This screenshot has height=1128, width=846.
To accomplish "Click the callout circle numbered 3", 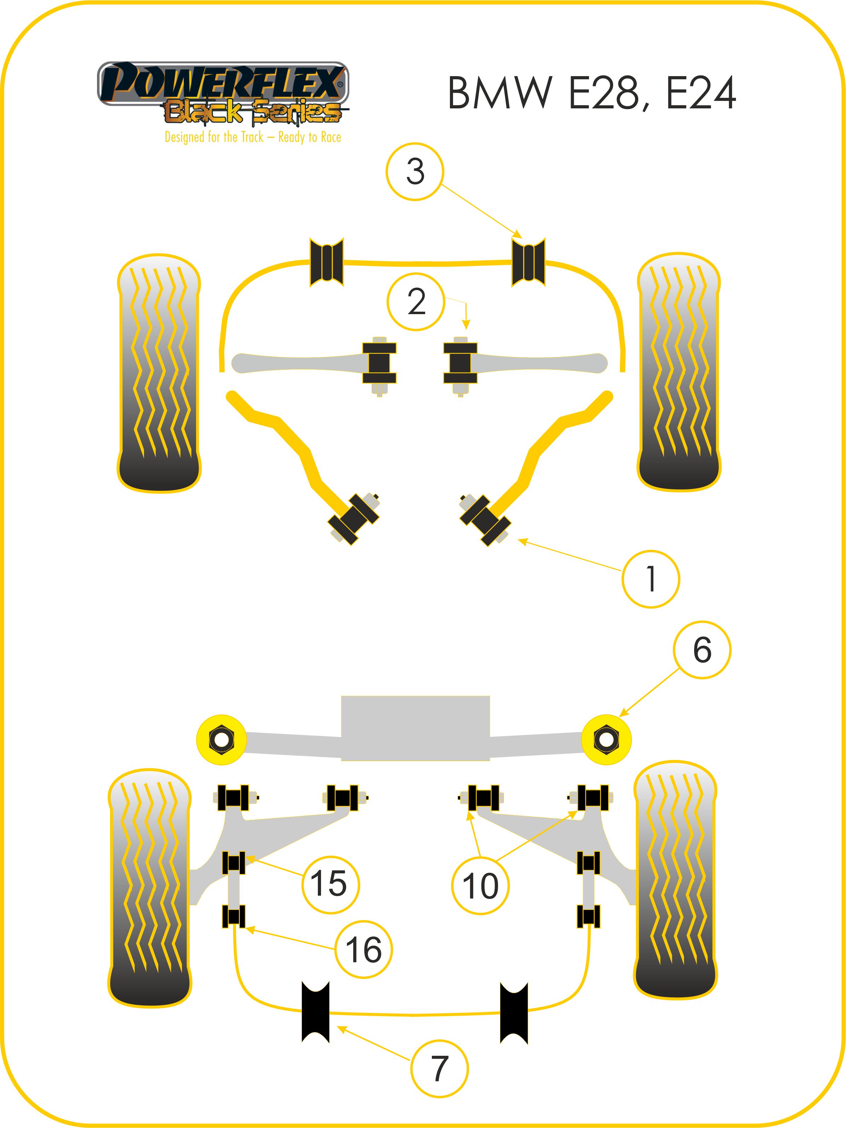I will (415, 171).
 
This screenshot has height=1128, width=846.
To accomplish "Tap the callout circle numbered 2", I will (416, 302).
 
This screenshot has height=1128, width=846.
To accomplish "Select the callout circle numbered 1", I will (650, 579).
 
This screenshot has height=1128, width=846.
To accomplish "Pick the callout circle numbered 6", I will (702, 650).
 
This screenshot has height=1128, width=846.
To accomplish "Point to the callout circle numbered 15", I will (330, 883).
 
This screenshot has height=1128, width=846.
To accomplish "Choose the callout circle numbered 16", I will (364, 949).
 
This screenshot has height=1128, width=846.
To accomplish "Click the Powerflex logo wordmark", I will (223, 83).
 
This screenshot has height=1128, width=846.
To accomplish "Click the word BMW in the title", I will (500, 93).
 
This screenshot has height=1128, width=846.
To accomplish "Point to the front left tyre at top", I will (159, 372).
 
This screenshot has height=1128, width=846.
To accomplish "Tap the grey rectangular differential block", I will (415, 728).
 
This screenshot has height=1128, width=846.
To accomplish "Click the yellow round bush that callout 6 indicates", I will (606, 739).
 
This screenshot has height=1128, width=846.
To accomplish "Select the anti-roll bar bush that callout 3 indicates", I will (528, 262).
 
